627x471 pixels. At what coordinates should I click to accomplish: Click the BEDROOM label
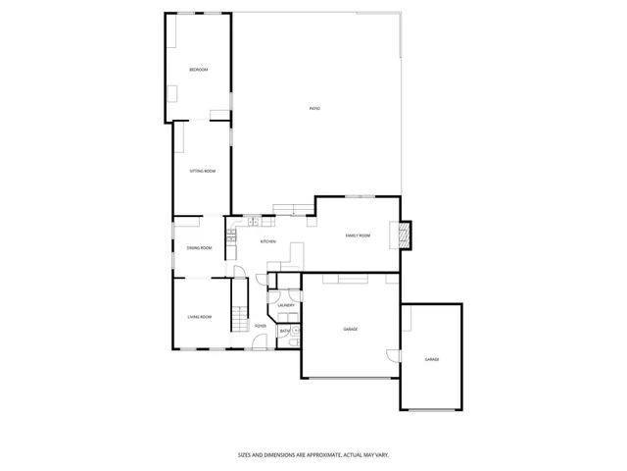199,69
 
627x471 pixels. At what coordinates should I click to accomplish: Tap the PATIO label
313,108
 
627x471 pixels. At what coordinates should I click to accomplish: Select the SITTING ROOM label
203,171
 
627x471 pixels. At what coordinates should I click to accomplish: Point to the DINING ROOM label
199,247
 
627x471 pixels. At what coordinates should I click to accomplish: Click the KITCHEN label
267,241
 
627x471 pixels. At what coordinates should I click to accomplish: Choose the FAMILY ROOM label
358,235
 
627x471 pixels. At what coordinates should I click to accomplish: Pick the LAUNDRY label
286,305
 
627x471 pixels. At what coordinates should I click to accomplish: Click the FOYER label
261,325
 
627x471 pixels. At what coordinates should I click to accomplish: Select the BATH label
284,331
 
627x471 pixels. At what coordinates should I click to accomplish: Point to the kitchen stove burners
232,235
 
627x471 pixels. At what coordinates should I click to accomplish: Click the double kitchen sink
254,221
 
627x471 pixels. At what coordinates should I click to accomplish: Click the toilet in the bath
295,332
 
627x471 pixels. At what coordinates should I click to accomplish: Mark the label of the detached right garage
431,360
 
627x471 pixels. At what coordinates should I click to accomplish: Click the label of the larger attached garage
350,329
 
